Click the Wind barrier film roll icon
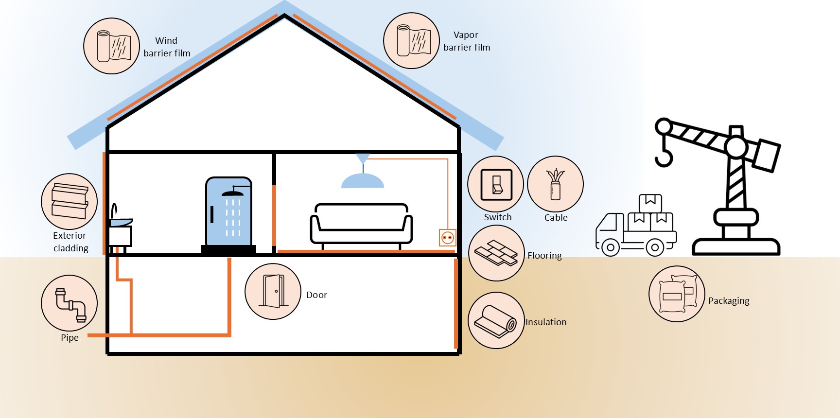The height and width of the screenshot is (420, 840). coord(112,46)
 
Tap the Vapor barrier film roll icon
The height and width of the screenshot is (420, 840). coord(412,41)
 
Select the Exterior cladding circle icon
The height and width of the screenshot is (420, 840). coord(70,201)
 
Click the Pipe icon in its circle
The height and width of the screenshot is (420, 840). coord(70,303)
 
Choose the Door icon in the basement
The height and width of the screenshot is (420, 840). coord(273,291)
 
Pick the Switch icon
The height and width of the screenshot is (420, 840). coord(496,185)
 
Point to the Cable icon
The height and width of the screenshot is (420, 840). coord(555,184)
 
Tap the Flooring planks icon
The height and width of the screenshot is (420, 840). coord(496,253)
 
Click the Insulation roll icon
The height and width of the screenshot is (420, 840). coord(496,320)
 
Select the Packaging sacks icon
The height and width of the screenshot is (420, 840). coord(677,294)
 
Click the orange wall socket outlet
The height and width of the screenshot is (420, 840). coord(447,238)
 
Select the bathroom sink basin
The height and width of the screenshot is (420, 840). coord(120,222)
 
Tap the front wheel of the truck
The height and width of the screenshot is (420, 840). coord(610,247)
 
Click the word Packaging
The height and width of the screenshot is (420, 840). coord(729,301)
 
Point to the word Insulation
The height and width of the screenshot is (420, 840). coord(546,322)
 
